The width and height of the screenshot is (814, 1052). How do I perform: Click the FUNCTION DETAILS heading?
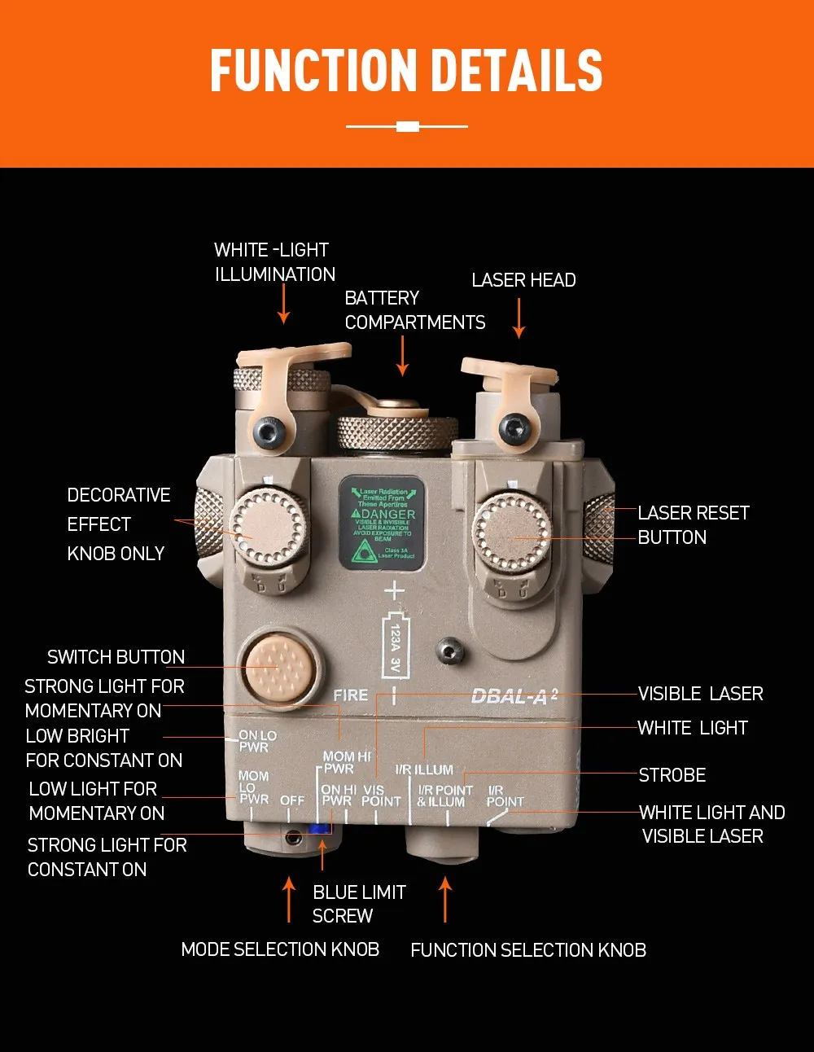pyautogui.click(x=406, y=70)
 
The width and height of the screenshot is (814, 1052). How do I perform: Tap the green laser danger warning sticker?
pyautogui.click(x=383, y=524)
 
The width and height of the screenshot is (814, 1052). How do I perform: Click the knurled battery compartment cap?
pyautogui.click(x=398, y=432)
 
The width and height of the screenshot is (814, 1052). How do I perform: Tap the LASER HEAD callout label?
pyautogui.click(x=523, y=280)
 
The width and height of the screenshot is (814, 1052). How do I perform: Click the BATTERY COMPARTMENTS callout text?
pyautogui.click(x=414, y=310)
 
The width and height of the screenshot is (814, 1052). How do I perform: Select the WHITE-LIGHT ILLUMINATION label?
pyautogui.click(x=274, y=262)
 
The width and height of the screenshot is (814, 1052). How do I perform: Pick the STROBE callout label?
pyautogui.click(x=672, y=775)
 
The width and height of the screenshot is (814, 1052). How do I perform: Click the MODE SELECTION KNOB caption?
pyautogui.click(x=280, y=949)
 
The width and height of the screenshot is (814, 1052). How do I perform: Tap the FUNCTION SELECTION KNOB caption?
pyautogui.click(x=528, y=950)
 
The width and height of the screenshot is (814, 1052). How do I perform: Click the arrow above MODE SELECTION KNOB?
pyautogui.click(x=289, y=899)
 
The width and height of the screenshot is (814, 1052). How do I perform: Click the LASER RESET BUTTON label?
pyautogui.click(x=693, y=525)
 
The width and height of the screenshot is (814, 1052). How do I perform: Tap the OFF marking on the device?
pyautogui.click(x=292, y=800)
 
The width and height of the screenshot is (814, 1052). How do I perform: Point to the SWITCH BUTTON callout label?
pyautogui.click(x=116, y=657)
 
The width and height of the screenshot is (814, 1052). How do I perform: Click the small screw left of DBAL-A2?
pyautogui.click(x=449, y=651)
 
